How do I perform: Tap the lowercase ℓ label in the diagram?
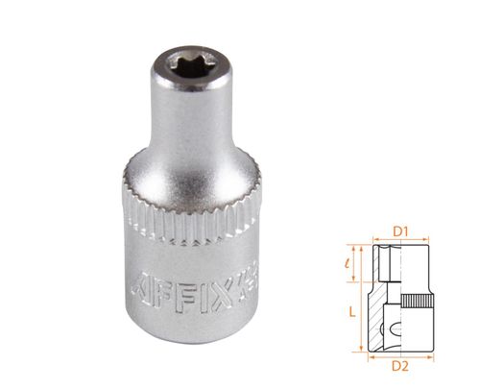[x=353, y=260]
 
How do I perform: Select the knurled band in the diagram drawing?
[x=420, y=302]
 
